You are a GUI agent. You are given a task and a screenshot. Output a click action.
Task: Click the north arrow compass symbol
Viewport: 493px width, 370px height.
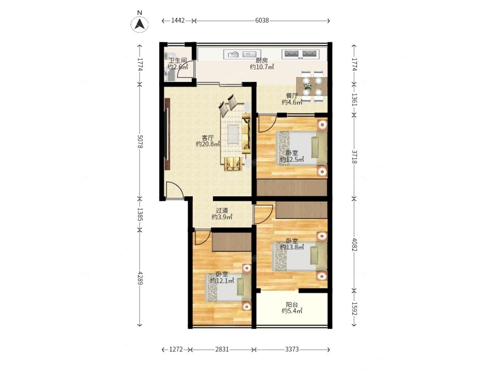click(x=140, y=24)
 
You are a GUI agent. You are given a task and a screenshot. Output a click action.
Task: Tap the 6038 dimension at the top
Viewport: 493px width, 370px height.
click(x=262, y=20)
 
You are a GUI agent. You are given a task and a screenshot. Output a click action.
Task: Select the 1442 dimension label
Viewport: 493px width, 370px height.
click(x=177, y=20)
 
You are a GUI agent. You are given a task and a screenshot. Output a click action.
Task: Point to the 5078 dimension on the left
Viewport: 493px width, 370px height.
click(x=140, y=142)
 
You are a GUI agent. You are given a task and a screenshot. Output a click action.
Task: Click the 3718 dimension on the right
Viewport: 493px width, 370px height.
click(x=354, y=157)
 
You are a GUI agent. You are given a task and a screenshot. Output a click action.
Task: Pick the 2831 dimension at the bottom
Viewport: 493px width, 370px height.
click(x=222, y=349)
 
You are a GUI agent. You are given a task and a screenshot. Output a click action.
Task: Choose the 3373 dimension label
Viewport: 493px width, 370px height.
click(x=292, y=349)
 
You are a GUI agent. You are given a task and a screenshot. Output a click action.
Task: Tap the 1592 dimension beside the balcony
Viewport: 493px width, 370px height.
click(x=354, y=308)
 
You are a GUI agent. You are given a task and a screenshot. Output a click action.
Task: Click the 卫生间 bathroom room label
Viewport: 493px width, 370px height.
click(x=178, y=60)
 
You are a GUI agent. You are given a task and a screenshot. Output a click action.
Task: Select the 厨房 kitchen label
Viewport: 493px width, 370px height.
click(x=262, y=60)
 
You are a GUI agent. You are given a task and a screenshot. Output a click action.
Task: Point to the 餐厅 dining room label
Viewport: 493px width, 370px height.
click(x=292, y=96)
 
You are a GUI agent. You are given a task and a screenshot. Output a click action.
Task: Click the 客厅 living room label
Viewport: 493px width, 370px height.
click(x=208, y=138)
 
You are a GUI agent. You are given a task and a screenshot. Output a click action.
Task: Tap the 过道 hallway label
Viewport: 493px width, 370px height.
click(x=222, y=210)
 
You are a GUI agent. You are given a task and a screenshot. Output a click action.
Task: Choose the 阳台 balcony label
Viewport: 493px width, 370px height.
click(x=292, y=304)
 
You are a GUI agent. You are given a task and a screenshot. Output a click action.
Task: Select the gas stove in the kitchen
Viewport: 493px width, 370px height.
click(x=300, y=54)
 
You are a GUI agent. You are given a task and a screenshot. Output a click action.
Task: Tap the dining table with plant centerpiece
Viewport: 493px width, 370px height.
click(x=312, y=86)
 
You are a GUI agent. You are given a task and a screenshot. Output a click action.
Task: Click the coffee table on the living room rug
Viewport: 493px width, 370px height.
click(x=233, y=134)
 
